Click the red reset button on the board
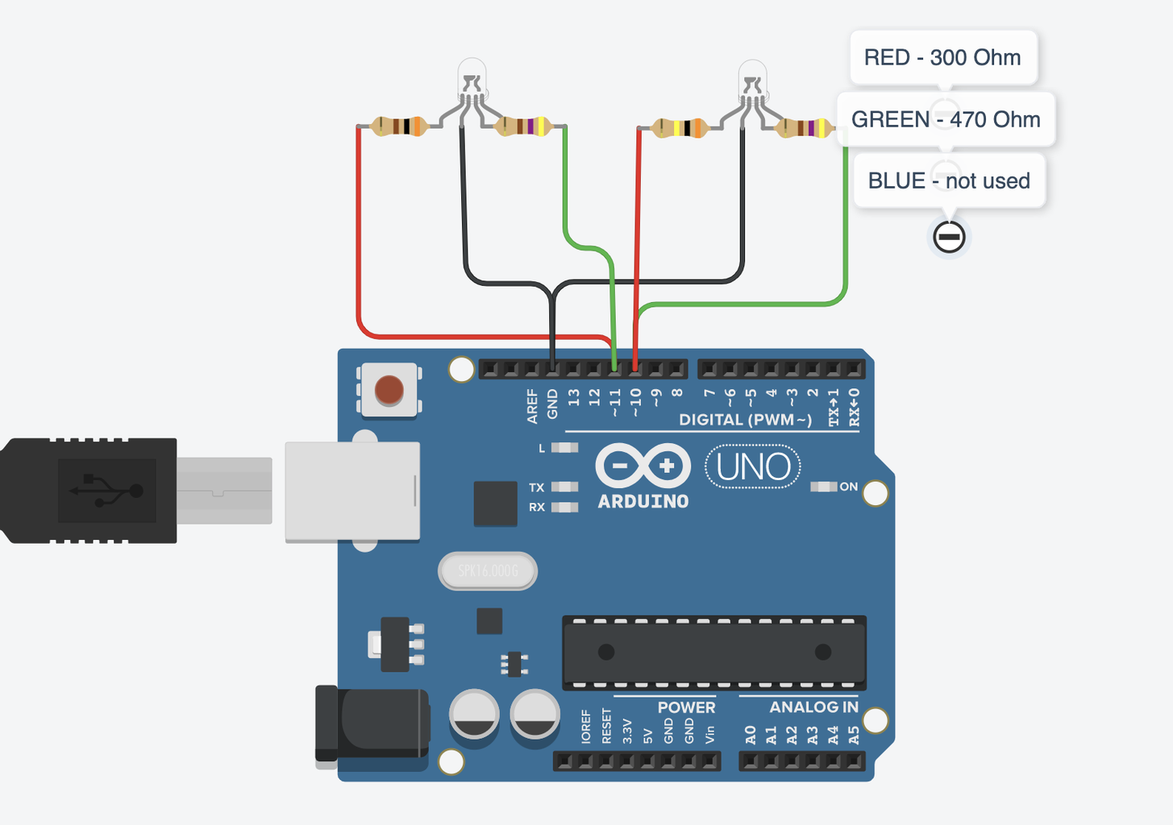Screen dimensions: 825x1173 coord(389,391)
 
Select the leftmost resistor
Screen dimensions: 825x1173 coord(399,126)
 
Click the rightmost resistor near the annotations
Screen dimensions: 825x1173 coord(805,128)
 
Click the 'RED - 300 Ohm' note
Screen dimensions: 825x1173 coord(942,57)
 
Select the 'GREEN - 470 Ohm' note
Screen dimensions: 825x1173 coord(946,119)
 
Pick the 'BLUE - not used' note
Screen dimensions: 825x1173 coord(949,180)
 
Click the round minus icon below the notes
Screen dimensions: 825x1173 coord(949,237)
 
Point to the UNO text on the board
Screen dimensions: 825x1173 coord(753,466)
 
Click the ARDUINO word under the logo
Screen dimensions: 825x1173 coord(643,501)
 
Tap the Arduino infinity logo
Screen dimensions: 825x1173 coord(643,466)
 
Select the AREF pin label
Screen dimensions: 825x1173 coord(532,406)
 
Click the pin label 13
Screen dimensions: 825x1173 coord(574,398)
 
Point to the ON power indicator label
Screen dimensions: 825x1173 coord(848,487)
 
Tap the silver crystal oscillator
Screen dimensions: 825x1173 coord(488,571)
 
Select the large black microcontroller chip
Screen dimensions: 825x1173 coord(714,653)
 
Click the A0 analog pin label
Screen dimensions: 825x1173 coord(751,735)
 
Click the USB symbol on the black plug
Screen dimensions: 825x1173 coord(106,490)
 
